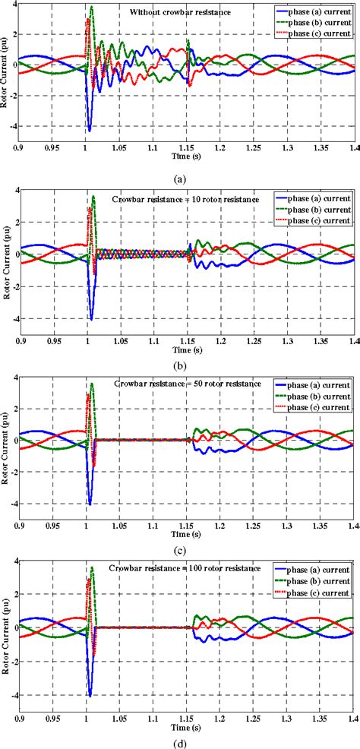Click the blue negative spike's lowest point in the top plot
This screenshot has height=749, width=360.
pyautogui.click(x=90, y=131)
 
